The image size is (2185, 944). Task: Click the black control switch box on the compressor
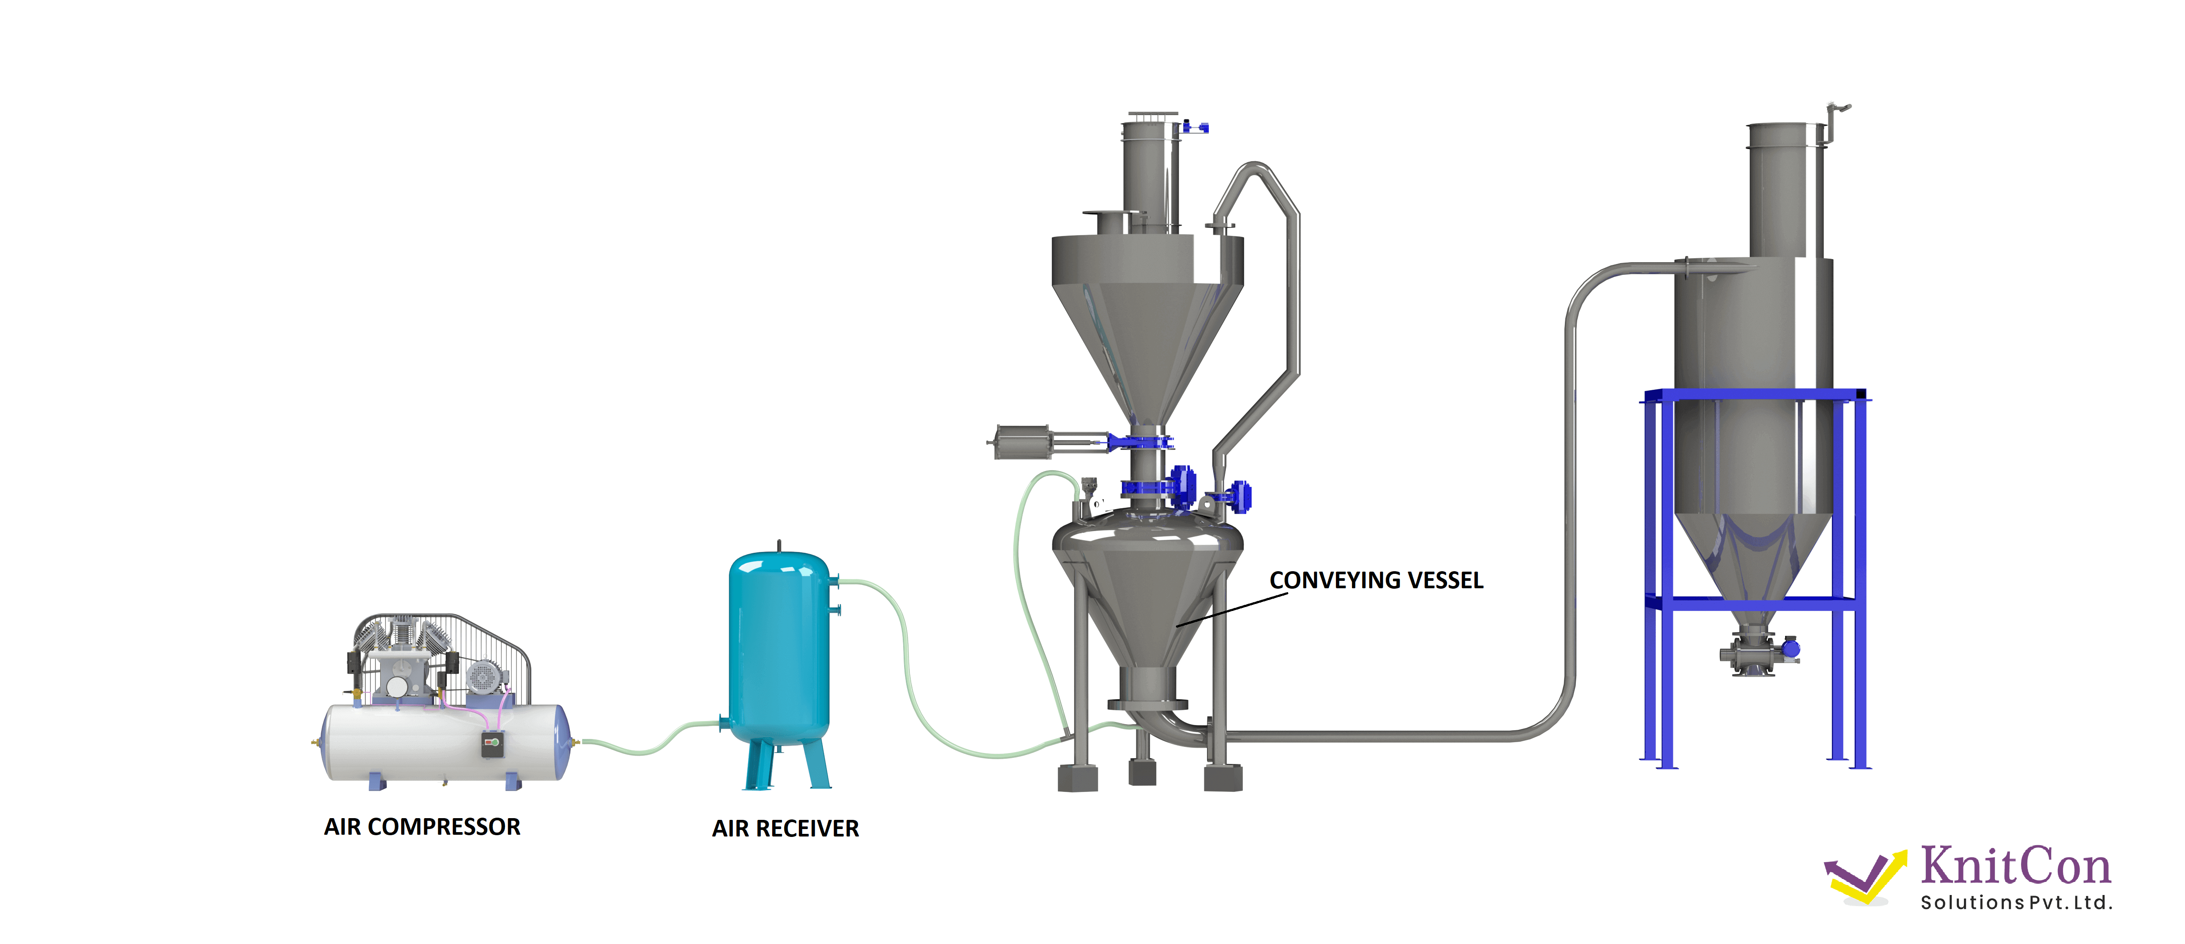pos(492,745)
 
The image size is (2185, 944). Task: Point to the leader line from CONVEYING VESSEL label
pos(1230,609)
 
